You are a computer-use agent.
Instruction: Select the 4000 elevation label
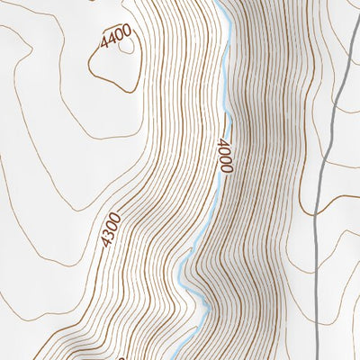pyautogui.click(x=224, y=155)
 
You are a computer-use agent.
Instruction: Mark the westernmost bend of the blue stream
pyautogui.click(x=178, y=269)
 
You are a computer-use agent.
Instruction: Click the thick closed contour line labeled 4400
pyautogui.click(x=92, y=67)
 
